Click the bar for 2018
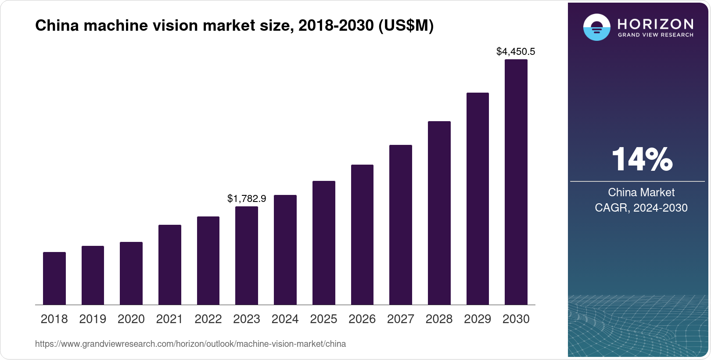pyautogui.click(x=54, y=278)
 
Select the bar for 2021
pyautogui.click(x=170, y=265)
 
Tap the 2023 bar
pyautogui.click(x=247, y=256)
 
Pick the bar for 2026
pyautogui.click(x=362, y=235)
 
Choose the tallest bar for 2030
pyautogui.click(x=516, y=182)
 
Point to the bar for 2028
pyautogui.click(x=439, y=213)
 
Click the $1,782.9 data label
pyautogui.click(x=247, y=199)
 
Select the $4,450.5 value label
pyautogui.click(x=516, y=52)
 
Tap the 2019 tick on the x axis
pyautogui.click(x=93, y=319)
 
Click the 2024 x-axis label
pyautogui.click(x=285, y=319)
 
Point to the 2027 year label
pyautogui.click(x=401, y=319)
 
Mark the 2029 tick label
pyautogui.click(x=478, y=319)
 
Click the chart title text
pyautogui.click(x=234, y=26)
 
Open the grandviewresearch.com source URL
pyautogui.click(x=190, y=344)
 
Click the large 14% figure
pyautogui.click(x=642, y=159)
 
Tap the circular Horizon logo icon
pyautogui.click(x=596, y=27)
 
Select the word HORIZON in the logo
pyautogui.click(x=655, y=23)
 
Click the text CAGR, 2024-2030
pyautogui.click(x=641, y=208)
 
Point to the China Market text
pyautogui.click(x=641, y=192)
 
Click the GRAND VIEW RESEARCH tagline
pyautogui.click(x=655, y=35)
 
